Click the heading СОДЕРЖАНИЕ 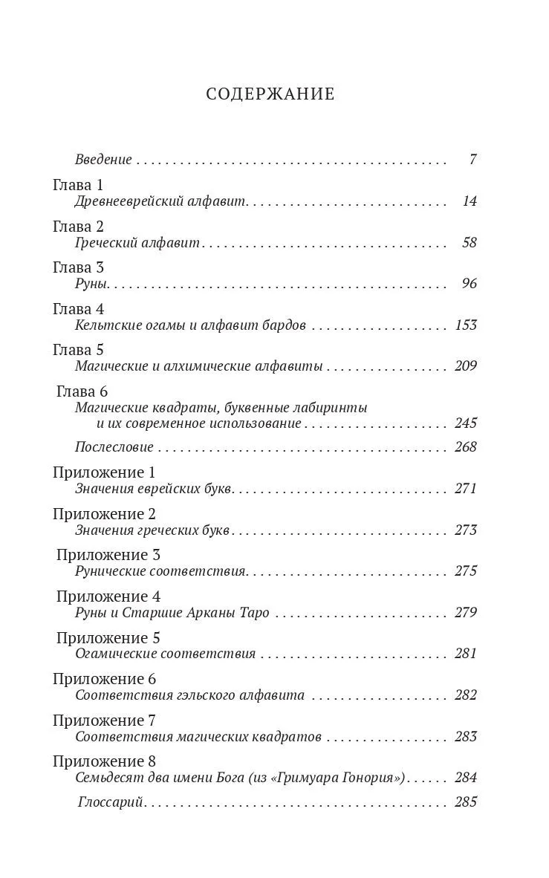pos(270,94)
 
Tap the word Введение pos(103,160)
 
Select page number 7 pos(472,160)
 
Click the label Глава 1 pos(78,184)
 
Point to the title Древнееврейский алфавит pos(160,201)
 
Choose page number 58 pos(468,243)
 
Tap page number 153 pos(464,325)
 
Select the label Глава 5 pos(78,349)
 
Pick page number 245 pos(464,423)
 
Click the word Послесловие pos(114,447)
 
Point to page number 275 pos(464,571)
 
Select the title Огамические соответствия pos(165,654)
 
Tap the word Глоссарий pos(110,802)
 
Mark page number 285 pos(464,802)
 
